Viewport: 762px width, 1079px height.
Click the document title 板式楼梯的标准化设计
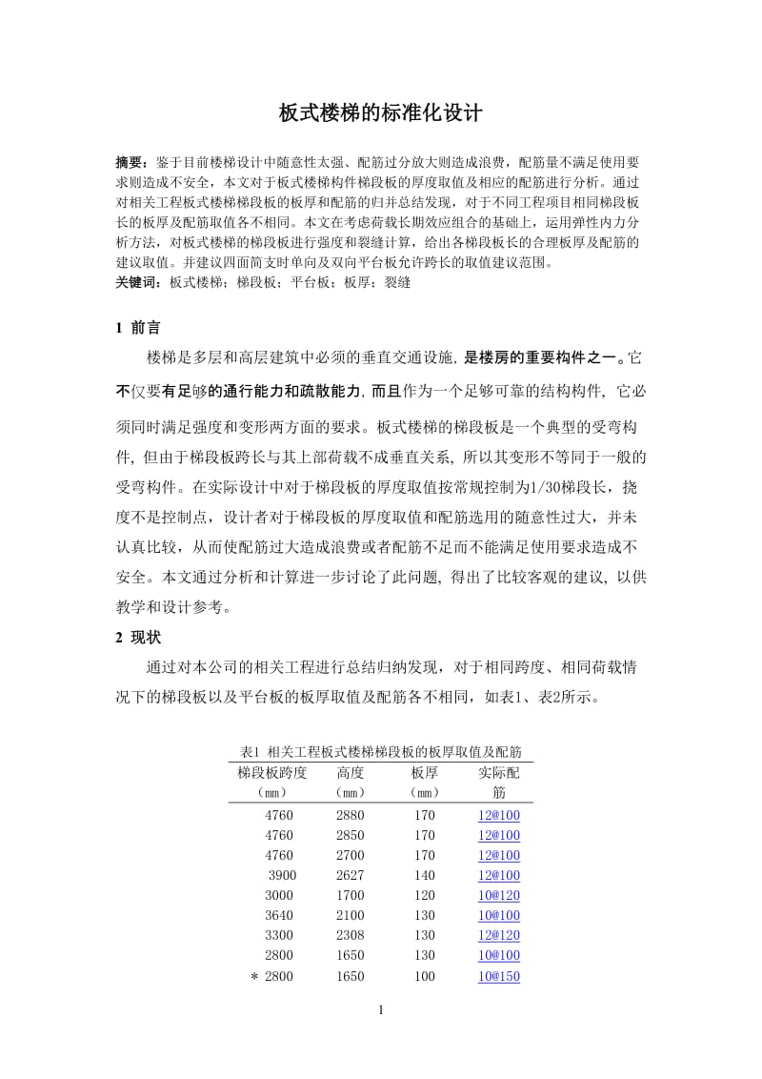click(380, 113)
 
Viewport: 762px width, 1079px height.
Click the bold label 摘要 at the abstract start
click(130, 163)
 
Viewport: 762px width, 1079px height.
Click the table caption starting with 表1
click(381, 751)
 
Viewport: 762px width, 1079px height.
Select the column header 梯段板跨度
click(272, 772)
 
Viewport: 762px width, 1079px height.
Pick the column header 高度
click(350, 772)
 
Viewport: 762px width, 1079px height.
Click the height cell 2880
click(350, 815)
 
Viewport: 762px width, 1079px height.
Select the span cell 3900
click(283, 875)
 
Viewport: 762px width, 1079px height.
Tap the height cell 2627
click(350, 875)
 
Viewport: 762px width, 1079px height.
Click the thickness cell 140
click(425, 875)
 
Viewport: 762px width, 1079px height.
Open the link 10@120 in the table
click(499, 895)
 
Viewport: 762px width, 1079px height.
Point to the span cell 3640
click(281, 915)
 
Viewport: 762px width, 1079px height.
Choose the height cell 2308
click(350, 936)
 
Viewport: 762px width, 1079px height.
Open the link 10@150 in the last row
click(499, 976)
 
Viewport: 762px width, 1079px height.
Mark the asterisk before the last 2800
click(254, 977)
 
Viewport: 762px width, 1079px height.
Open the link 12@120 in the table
click(499, 936)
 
